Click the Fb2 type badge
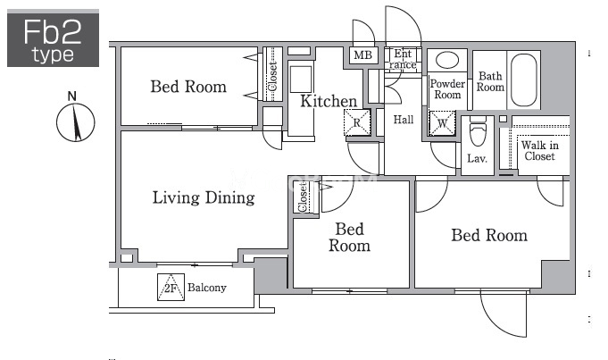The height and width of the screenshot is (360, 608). coord(54,38)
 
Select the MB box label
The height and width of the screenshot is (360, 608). coord(363,55)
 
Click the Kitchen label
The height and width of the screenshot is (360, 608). coord(329,101)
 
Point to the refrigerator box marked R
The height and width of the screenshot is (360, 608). coord(357,122)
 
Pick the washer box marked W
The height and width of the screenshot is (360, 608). coord(442,124)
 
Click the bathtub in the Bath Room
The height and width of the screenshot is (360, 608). coord(523,80)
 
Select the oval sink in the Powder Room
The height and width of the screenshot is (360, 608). coord(447,60)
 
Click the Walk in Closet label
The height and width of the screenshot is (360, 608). coord(540,151)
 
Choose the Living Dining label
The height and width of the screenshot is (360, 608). coord(204,197)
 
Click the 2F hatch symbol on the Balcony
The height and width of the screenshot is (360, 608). coord(171,287)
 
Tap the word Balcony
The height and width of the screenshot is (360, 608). coord(206,288)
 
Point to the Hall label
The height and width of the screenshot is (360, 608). coord(404,120)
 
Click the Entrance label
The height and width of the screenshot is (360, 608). coord(403,59)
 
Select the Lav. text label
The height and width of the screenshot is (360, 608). coord(477,158)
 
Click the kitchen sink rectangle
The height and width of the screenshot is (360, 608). coord(301,80)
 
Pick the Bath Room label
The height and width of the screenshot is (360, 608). coord(490,81)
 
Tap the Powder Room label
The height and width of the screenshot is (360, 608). coord(447,89)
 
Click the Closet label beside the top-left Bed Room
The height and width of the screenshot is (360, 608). coord(273,76)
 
